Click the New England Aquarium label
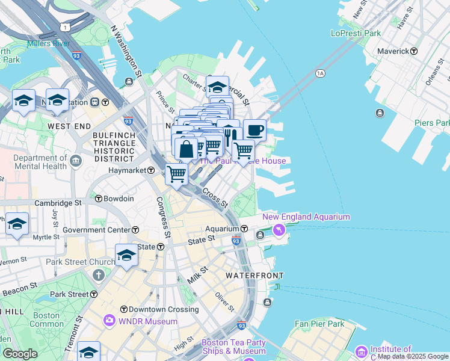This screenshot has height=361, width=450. coord(306,217)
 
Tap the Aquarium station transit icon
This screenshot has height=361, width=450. coord(245,229)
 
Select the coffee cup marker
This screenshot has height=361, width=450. coord(254,130)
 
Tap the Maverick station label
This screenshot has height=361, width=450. coord(393,51)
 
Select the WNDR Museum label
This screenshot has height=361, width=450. coord(148,321)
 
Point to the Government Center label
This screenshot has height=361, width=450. coord(96,230)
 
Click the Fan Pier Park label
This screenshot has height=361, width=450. coord(319,324)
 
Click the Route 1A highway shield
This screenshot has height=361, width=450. coord(320,73)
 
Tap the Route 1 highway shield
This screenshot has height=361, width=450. coord(64,26)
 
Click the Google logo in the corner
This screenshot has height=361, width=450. coord(20,354)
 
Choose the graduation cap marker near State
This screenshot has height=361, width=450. coord(126,255)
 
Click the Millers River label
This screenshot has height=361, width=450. coord(48,44)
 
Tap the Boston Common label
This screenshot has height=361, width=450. coord(46,319)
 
